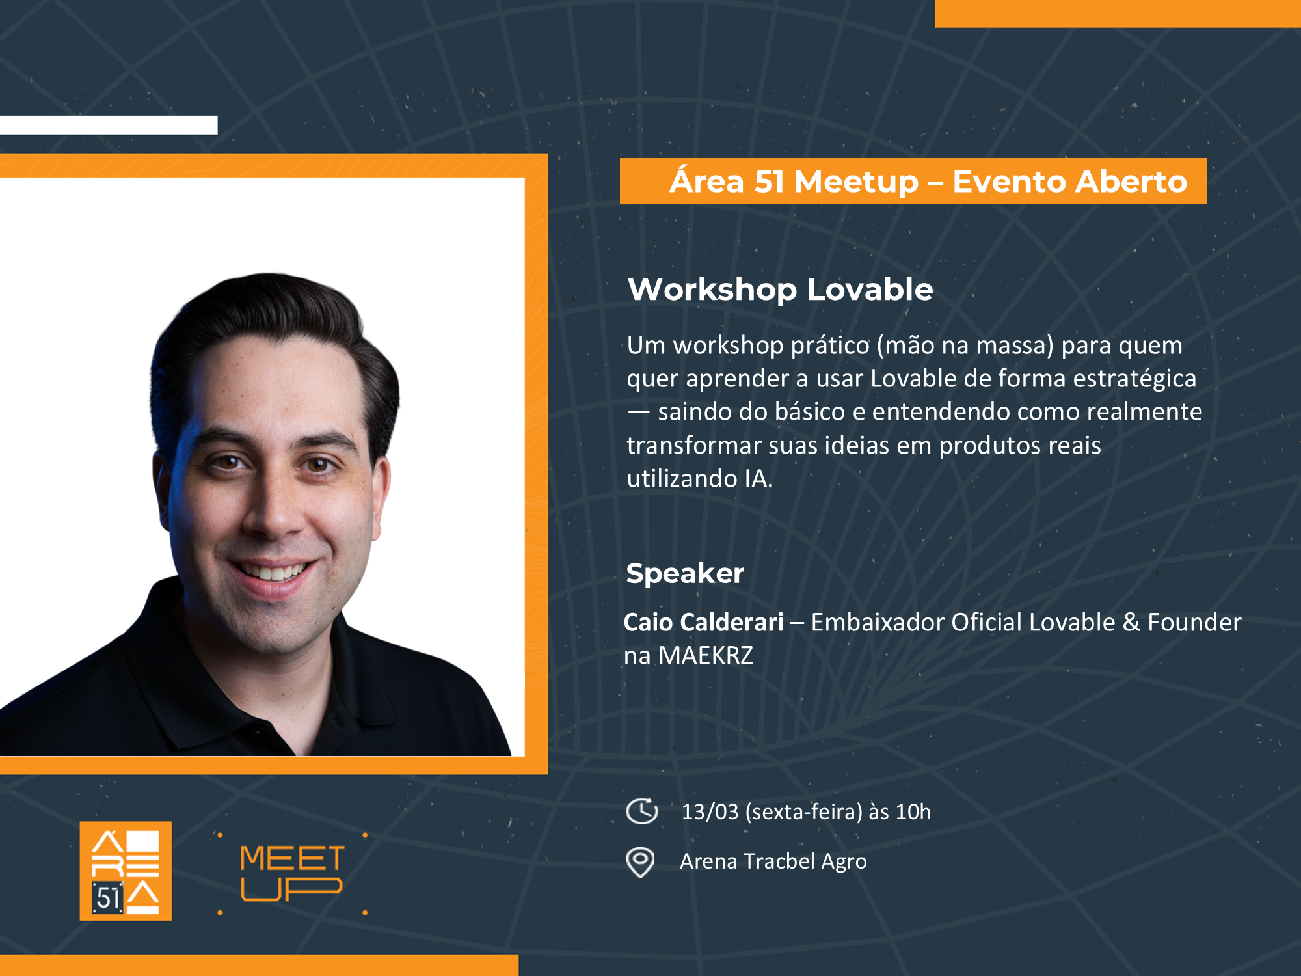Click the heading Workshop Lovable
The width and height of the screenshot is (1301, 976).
pos(780,290)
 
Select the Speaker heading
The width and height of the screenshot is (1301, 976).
pos(684,573)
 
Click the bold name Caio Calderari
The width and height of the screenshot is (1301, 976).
pos(703,622)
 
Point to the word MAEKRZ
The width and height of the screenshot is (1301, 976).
pos(705,655)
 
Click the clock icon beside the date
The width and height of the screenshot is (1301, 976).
pos(642,811)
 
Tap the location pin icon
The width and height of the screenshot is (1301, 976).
pos(640,862)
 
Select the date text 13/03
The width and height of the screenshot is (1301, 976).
pos(710,812)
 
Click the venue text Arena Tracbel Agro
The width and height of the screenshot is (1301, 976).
pos(773,861)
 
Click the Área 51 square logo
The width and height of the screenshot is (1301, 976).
pos(126,871)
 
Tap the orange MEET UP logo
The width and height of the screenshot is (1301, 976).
pos(291,873)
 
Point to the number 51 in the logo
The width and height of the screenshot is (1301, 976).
pos(108,899)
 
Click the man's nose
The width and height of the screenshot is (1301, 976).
pos(273,514)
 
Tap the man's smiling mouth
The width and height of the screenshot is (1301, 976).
pos(273,573)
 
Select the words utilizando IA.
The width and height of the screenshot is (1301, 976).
pos(699,479)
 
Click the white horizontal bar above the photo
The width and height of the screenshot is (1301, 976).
pos(109,125)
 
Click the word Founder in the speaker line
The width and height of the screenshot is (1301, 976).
pos(1194,622)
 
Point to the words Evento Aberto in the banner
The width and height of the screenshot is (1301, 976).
pos(1069,182)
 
